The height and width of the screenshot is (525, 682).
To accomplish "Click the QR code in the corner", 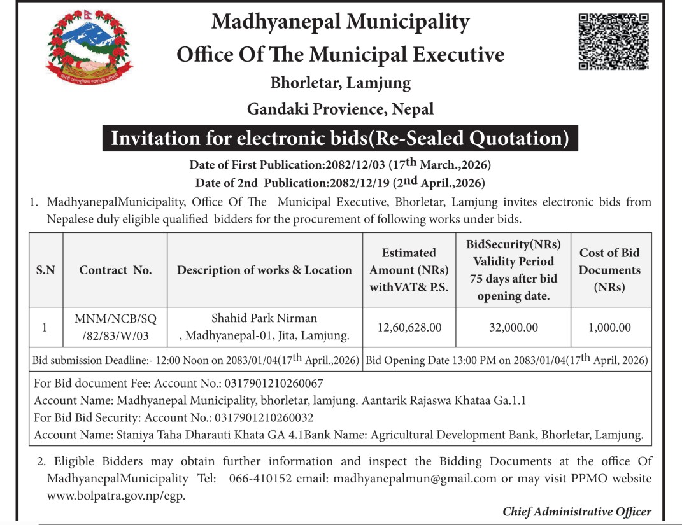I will point(613,41).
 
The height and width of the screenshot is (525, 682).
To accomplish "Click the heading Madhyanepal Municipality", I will point(340,22).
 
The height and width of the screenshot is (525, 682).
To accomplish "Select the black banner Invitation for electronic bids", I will point(340,138).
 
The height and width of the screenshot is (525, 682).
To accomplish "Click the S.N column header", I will point(45,270).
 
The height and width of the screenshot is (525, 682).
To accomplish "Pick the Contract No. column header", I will point(115,270).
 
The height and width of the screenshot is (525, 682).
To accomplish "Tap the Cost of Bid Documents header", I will point(609,270).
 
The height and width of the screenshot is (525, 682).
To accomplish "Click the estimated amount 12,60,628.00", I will point(409,327).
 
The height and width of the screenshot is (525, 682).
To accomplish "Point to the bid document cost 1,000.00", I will point(609,327).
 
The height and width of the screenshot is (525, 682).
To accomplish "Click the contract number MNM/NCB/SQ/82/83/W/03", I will point(115,327).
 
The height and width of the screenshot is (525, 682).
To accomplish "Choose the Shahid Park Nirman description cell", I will point(264,327).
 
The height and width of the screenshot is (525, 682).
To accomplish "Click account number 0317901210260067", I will point(272,384).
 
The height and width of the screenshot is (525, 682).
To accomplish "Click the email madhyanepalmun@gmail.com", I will point(415,479).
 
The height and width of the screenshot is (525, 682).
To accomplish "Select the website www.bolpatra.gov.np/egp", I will point(116,496).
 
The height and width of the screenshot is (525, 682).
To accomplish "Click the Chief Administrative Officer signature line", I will point(577,512).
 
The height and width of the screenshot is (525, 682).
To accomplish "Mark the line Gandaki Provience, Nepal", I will point(340,109).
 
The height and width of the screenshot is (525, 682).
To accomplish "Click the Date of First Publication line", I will point(340,165).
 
